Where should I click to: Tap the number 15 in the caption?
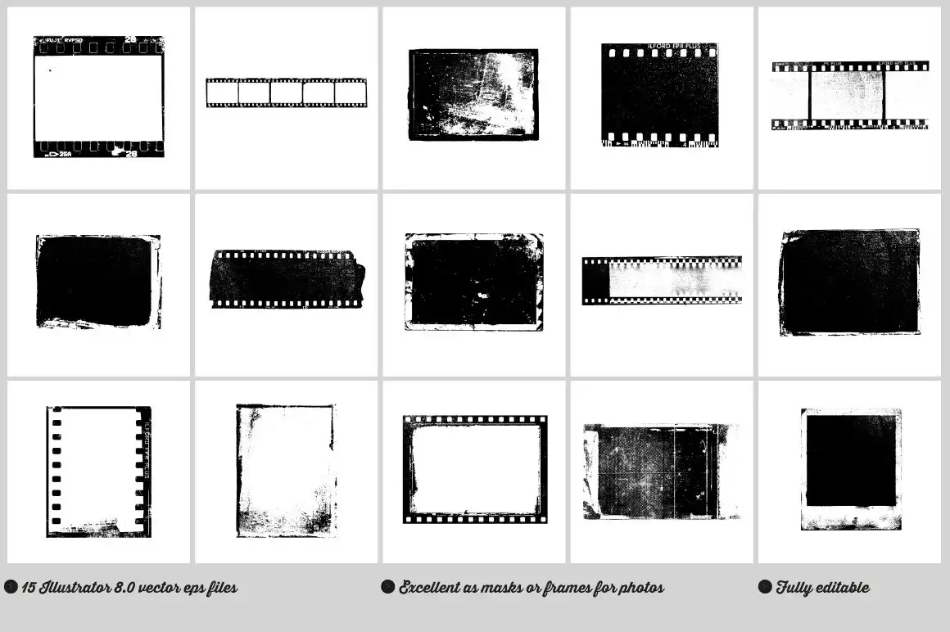coord(29,587)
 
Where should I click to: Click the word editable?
coord(841,587)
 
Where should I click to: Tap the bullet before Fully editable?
coord(765,587)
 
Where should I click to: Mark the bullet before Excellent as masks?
coord(387,587)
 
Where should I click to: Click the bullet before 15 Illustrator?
coord(11,587)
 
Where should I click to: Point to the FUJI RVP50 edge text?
coord(63,40)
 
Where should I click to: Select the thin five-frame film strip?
coord(286,93)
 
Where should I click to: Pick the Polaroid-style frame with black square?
coord(851,469)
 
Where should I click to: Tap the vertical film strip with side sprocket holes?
coord(98,472)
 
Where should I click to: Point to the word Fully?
coord(794,587)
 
